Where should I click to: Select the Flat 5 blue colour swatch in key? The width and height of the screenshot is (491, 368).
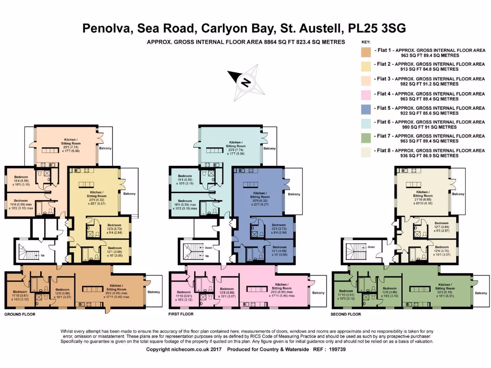[366, 110]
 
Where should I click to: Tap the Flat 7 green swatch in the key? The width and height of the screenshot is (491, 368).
[366, 139]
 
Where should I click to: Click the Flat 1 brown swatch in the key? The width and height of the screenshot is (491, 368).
[366, 52]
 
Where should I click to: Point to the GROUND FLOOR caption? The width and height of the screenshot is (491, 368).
[20, 315]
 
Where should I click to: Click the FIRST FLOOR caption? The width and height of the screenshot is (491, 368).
[181, 315]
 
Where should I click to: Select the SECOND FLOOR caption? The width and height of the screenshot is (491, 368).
[346, 315]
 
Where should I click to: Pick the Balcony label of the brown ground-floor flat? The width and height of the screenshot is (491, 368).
[153, 292]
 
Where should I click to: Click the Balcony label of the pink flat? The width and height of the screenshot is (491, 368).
[318, 292]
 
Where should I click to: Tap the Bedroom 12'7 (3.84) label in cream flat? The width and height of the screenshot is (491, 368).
[441, 226]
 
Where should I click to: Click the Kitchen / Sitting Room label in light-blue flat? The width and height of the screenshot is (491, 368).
[235, 145]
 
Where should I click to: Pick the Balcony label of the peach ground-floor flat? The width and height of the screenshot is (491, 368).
[105, 148]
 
